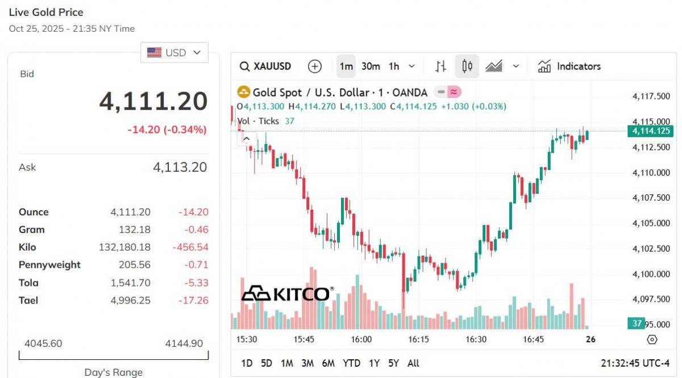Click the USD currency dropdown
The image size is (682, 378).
tap(174, 52)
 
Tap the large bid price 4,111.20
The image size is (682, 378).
tap(153, 101)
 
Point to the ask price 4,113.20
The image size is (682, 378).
tap(180, 167)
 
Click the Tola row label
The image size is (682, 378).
tap(28, 283)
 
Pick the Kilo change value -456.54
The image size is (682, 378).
tap(190, 247)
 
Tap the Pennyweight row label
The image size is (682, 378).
tap(49, 265)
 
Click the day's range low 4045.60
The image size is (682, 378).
tap(43, 343)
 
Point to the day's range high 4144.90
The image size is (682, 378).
tap(184, 343)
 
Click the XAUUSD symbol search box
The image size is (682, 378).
tap(265, 67)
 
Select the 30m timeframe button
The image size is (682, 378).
tap(371, 67)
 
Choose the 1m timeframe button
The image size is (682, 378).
tap(346, 67)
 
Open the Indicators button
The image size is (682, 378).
tap(569, 67)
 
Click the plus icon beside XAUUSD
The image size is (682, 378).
tap(314, 67)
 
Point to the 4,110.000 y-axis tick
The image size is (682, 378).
tap(651, 173)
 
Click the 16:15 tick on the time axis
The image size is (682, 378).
tap(418, 339)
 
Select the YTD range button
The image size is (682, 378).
tap(351, 363)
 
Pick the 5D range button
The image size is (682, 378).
tap(266, 363)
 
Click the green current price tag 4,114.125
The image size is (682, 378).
tap(650, 131)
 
